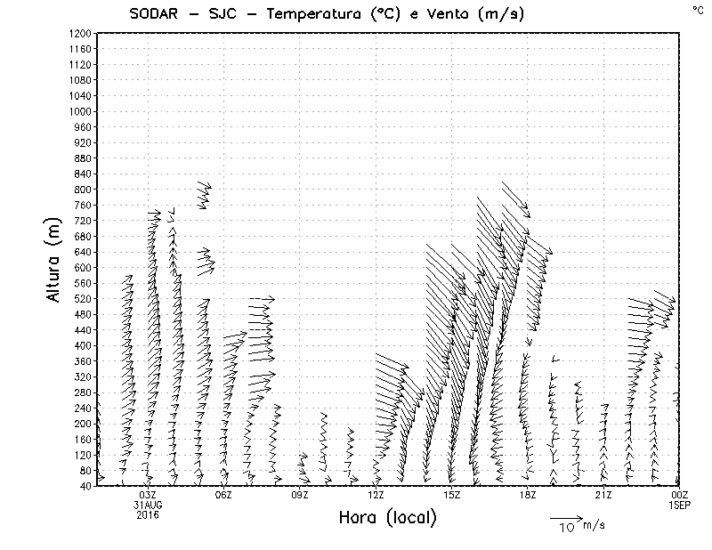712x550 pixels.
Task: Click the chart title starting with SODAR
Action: coord(315,13)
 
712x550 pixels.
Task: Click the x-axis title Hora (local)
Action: coord(387,518)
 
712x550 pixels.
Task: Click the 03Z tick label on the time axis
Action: coord(148,495)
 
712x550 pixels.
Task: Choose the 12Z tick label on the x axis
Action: coord(376,495)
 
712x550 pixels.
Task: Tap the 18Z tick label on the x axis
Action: coord(528,495)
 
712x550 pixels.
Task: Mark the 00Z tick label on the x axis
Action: coord(680,495)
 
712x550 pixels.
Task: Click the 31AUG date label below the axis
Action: coord(148,505)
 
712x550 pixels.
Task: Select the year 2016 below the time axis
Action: coord(148,514)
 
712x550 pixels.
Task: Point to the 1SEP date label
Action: coord(680,505)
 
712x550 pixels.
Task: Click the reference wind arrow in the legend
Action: coord(565,517)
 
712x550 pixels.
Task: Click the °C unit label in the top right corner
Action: coord(698,10)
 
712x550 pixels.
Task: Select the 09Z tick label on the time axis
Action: coord(300,495)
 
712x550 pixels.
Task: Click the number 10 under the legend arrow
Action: coord(566,527)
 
